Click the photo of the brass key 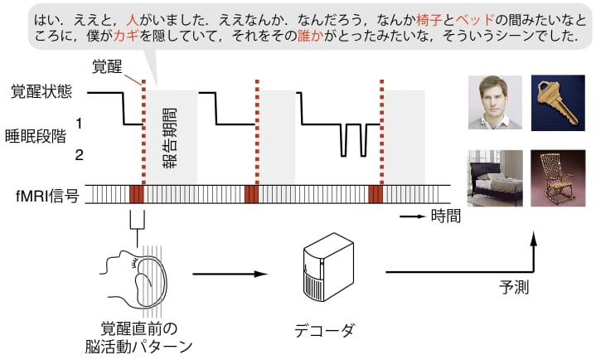(x=558, y=103)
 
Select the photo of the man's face (x=495, y=102)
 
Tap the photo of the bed (x=495, y=178)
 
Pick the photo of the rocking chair (x=558, y=178)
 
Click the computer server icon (x=328, y=267)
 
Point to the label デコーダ (x=325, y=330)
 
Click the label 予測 (x=514, y=287)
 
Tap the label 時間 (x=445, y=216)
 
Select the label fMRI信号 (x=47, y=196)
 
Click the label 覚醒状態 (x=41, y=91)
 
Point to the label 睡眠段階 (x=36, y=136)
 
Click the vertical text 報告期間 (x=170, y=139)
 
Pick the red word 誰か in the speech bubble (x=311, y=36)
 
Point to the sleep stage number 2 (x=79, y=155)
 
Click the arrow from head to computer (x=230, y=274)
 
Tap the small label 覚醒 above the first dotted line (x=108, y=66)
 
